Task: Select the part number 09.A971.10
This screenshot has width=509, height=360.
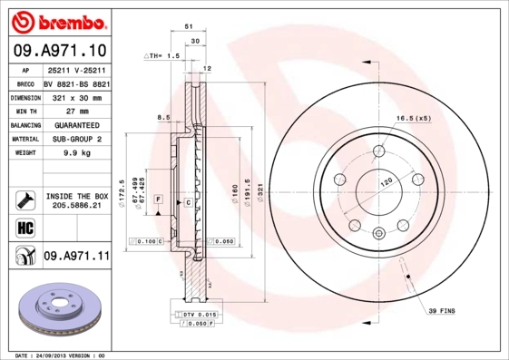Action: coord(60,52)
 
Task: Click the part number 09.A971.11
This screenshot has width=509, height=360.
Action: coord(76,257)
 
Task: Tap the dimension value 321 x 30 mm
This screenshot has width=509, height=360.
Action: coord(76,97)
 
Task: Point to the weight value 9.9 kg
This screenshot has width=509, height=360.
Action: coord(76,153)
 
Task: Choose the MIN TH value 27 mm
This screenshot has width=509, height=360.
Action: coord(76,111)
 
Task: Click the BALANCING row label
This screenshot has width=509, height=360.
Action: coord(24,125)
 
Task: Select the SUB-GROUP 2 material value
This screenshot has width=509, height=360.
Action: coord(76,139)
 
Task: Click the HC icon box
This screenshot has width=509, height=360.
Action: coord(24,227)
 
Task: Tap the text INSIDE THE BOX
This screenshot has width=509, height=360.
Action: coord(77,195)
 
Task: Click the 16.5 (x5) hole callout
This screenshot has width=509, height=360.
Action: coord(412,119)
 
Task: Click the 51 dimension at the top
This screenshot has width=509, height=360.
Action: coord(189,27)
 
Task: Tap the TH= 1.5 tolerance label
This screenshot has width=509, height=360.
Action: coord(166,56)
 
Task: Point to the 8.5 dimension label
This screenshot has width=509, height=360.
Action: coord(163,118)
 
